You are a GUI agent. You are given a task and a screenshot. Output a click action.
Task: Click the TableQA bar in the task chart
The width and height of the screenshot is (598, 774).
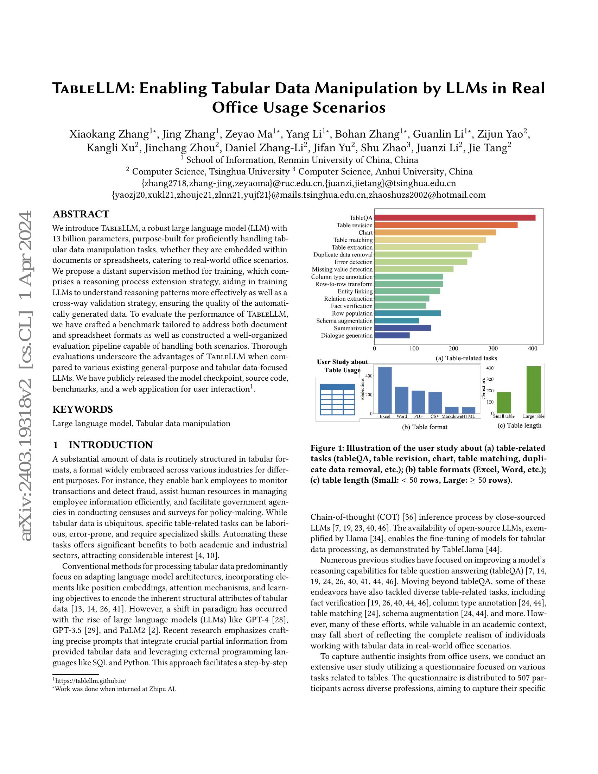(x=454, y=217)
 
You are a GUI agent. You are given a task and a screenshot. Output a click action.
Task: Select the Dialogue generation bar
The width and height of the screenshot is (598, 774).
(x=392, y=335)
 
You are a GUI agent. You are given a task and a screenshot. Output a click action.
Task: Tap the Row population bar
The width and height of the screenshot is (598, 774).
(x=407, y=313)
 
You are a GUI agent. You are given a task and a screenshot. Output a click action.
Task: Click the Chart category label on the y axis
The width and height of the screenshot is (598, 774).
(x=365, y=233)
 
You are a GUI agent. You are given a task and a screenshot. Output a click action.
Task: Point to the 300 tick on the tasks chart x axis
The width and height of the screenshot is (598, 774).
(x=493, y=348)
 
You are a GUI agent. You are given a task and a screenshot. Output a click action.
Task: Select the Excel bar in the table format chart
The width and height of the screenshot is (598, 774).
(x=385, y=390)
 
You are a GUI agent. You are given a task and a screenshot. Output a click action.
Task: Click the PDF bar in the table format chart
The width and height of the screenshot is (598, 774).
(x=418, y=402)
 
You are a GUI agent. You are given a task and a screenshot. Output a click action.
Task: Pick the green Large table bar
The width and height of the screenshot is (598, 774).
(x=534, y=389)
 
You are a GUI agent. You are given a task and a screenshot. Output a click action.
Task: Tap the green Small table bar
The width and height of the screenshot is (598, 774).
(x=504, y=402)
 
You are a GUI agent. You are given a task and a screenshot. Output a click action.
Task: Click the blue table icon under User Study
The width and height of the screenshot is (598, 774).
(x=337, y=399)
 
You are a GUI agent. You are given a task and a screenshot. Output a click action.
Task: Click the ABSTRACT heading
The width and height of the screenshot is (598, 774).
(x=81, y=214)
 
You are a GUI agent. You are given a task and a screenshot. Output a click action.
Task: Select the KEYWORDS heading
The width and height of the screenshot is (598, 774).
(x=83, y=409)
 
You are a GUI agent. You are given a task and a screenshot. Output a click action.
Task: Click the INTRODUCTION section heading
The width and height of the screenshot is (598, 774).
(x=110, y=445)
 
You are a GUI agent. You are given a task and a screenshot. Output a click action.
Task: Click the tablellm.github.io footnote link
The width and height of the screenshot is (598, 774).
(x=91, y=680)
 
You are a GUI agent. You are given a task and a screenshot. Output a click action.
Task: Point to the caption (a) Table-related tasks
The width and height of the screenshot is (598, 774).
(x=466, y=358)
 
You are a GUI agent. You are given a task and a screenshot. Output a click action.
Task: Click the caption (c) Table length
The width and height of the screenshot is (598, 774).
(x=519, y=425)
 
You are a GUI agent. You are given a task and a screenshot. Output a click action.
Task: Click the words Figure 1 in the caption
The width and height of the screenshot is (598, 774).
(x=327, y=448)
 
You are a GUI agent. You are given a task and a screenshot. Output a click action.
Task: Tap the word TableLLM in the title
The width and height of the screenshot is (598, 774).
(x=90, y=88)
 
